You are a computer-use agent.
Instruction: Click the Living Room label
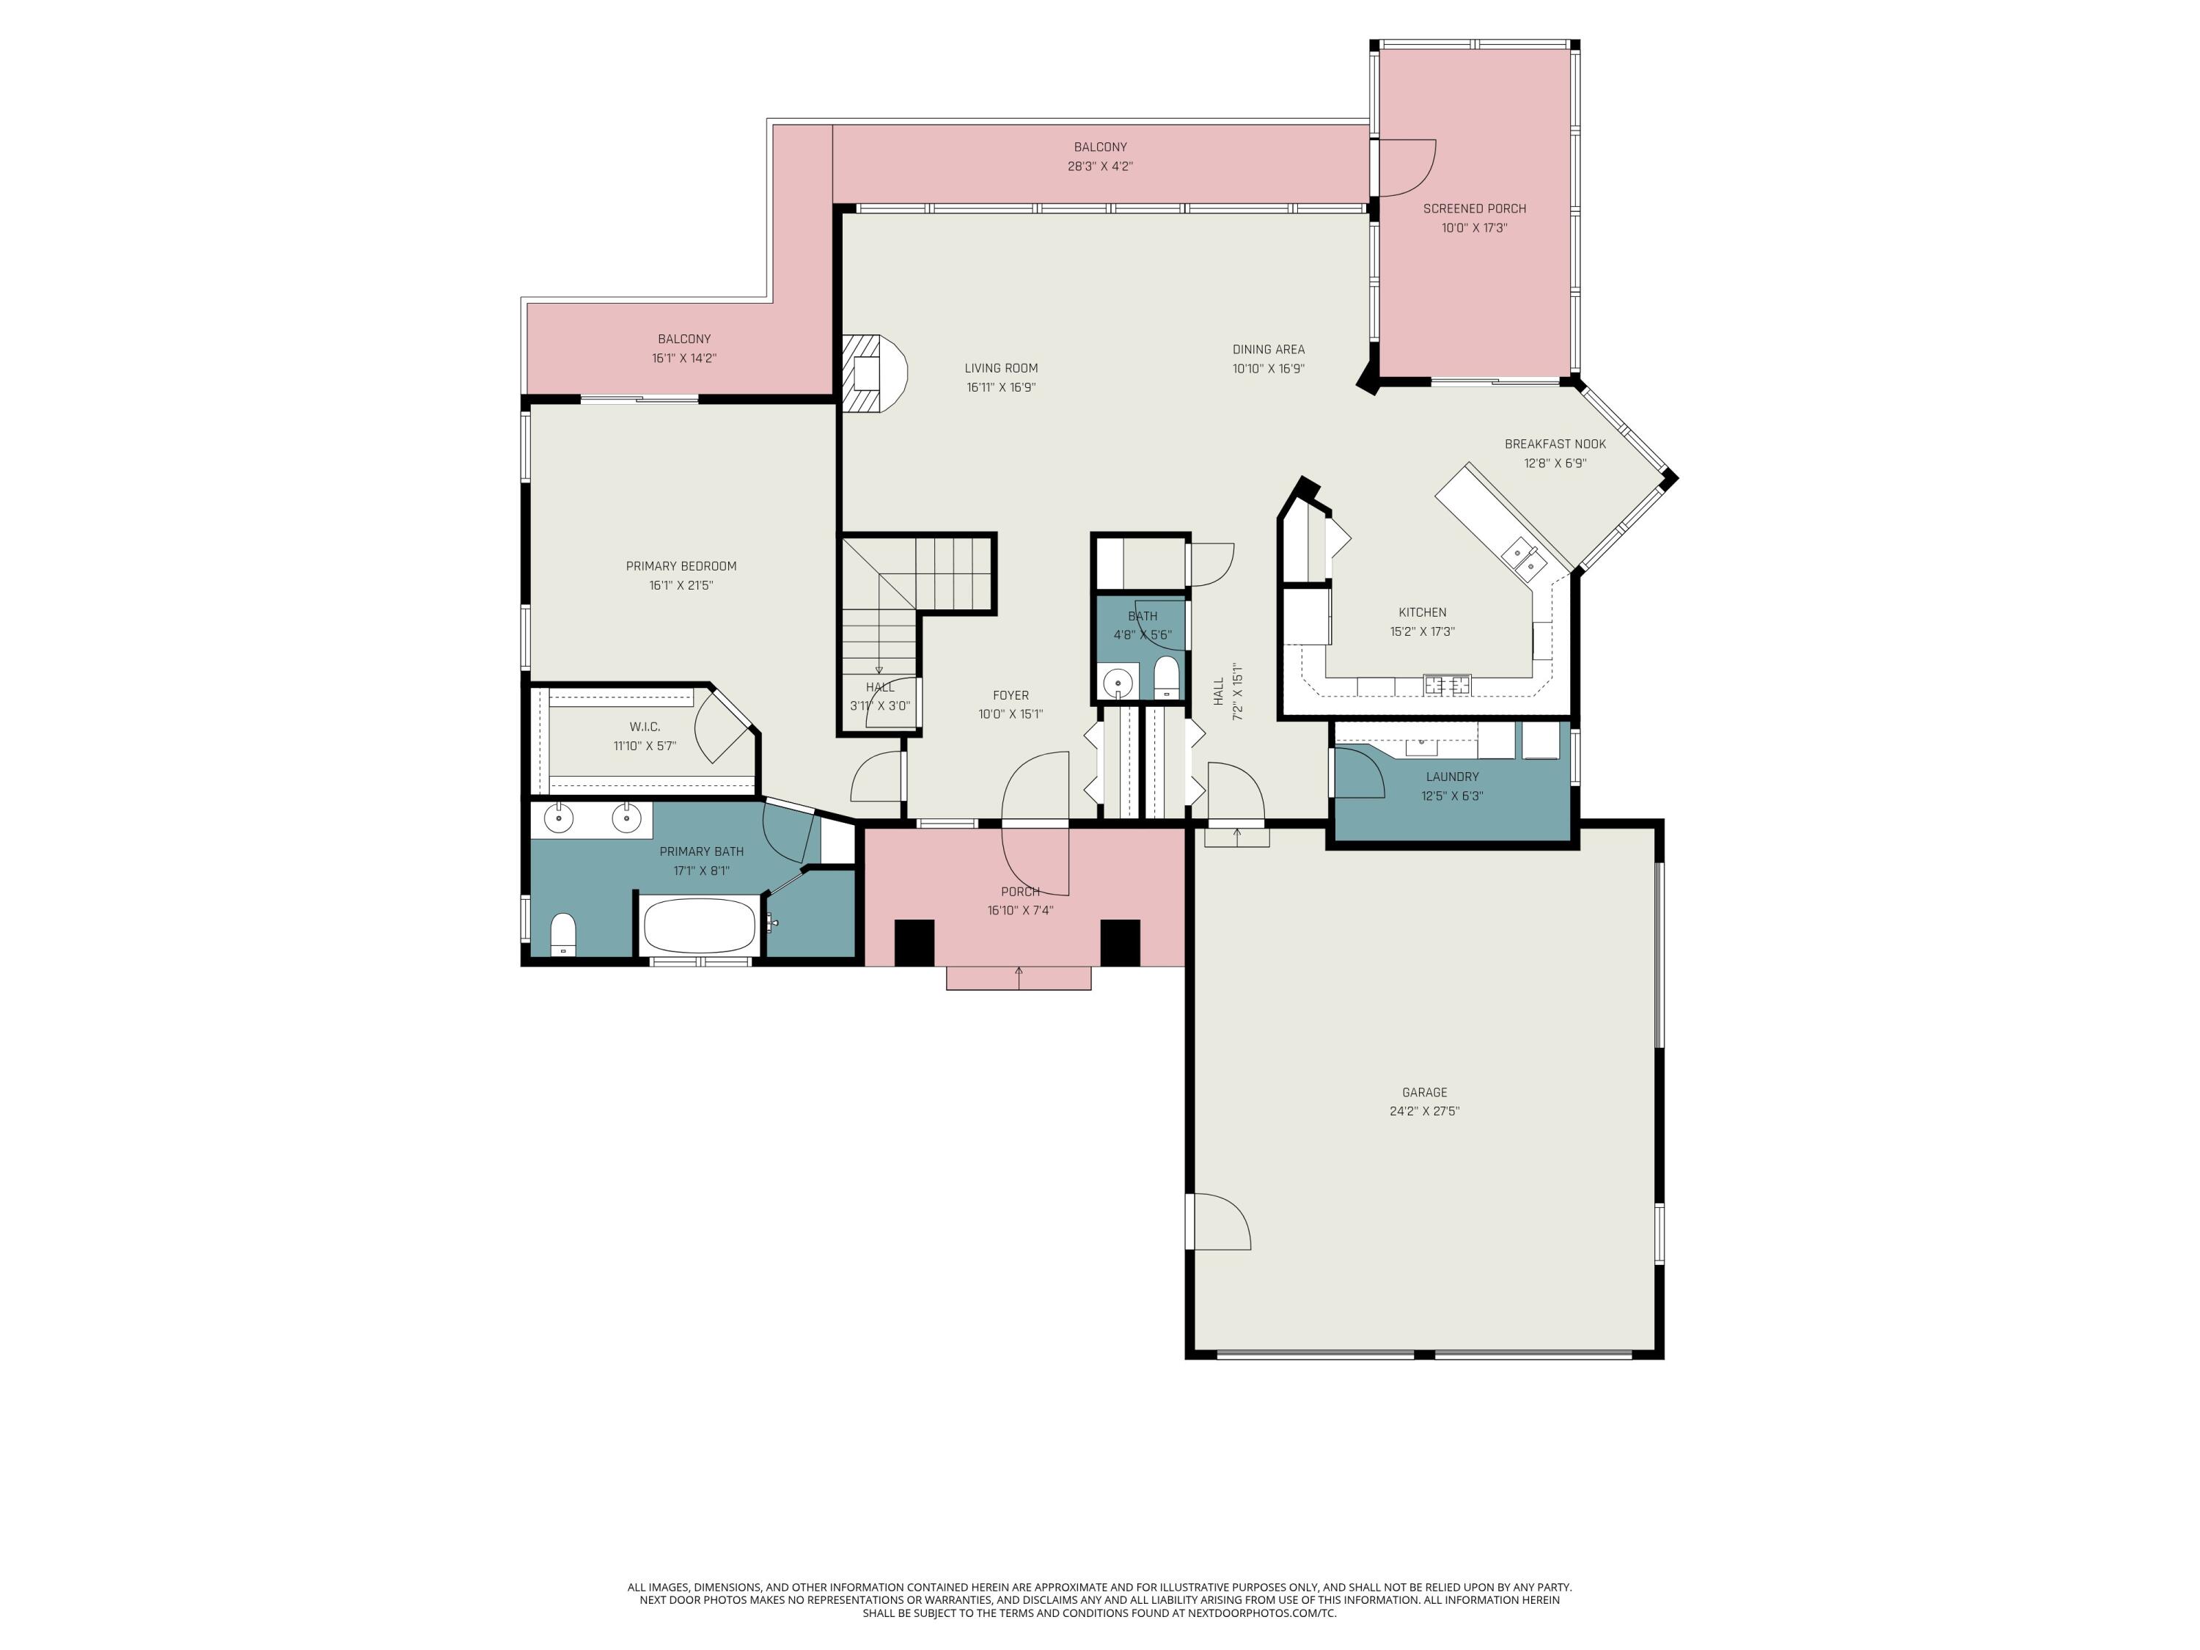(x=1000, y=368)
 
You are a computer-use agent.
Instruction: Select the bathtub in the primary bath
(x=699, y=926)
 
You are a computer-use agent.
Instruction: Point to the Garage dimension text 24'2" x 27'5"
(x=1424, y=1111)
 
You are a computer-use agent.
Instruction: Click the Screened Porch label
(x=1474, y=209)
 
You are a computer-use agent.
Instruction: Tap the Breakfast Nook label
(x=1555, y=444)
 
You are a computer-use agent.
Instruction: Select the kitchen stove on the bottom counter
(x=1446, y=684)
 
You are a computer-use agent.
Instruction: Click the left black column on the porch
(x=914, y=942)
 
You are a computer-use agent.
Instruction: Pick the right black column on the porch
(x=1119, y=942)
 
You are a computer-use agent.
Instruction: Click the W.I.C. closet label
(x=645, y=727)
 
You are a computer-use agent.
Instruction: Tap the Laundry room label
(x=1452, y=777)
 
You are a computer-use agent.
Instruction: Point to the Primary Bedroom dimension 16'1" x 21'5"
(x=681, y=586)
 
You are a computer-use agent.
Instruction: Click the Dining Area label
(x=1268, y=349)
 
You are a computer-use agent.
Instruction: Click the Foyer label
(x=1011, y=695)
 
